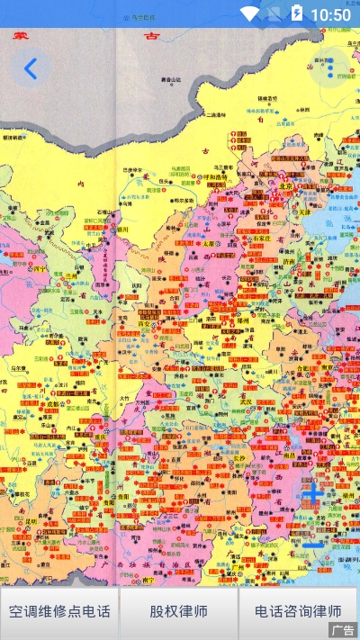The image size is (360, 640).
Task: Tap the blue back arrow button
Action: click(31, 68)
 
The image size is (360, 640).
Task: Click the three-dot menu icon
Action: click(329, 68)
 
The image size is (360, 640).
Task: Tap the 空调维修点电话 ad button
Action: click(59, 612)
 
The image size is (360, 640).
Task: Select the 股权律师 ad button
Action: click(179, 612)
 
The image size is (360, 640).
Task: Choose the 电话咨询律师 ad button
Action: click(298, 612)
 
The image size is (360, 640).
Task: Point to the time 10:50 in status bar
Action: click(330, 14)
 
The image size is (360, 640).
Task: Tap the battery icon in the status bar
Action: click(296, 14)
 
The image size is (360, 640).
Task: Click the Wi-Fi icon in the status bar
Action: click(250, 14)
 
